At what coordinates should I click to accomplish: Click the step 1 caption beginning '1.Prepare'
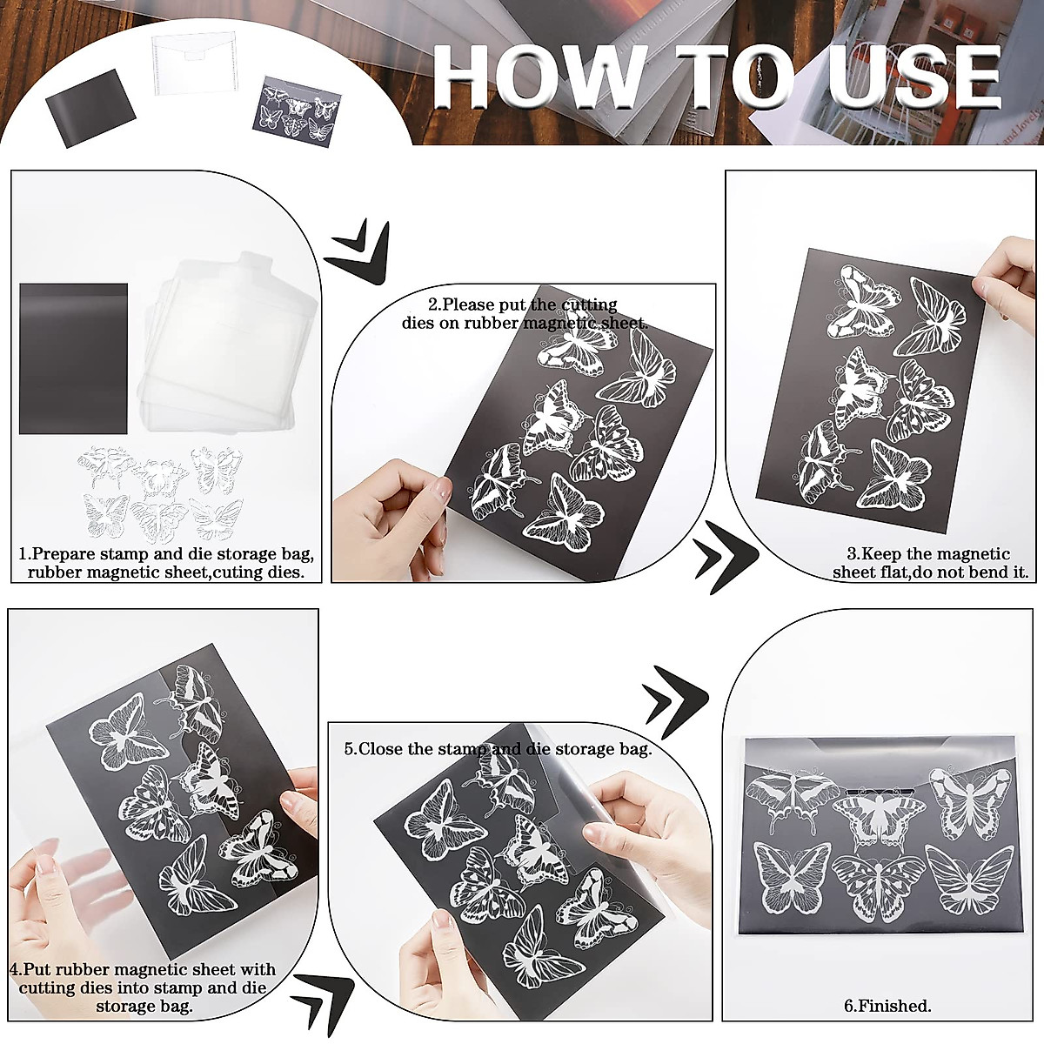(x=165, y=563)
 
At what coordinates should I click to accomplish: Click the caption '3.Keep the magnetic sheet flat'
(x=929, y=563)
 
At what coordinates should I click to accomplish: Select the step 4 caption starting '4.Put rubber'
(x=144, y=987)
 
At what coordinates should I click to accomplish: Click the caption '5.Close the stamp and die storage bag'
(x=498, y=749)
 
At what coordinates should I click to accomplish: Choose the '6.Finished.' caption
(x=887, y=1006)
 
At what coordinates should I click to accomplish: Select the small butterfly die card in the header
(x=298, y=111)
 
